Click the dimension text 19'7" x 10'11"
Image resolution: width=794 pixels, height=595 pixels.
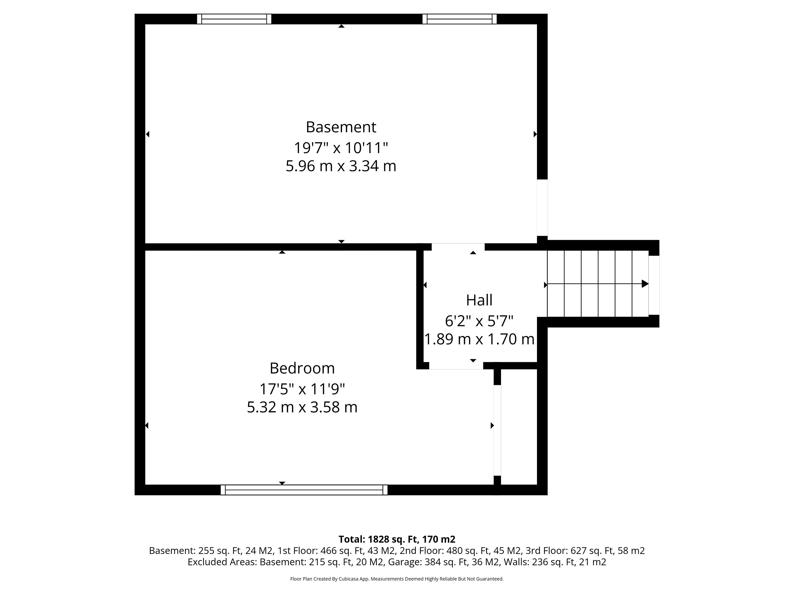pyautogui.click(x=341, y=147)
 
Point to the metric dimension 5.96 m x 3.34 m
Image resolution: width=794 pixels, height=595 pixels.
pyautogui.click(x=341, y=166)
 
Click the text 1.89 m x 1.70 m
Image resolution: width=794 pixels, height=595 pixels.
pyautogui.click(x=479, y=339)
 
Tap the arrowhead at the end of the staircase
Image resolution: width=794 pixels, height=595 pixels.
pyautogui.click(x=645, y=284)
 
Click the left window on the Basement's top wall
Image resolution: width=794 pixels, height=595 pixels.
pyautogui.click(x=234, y=19)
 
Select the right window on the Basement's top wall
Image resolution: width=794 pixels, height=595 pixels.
pyautogui.click(x=459, y=19)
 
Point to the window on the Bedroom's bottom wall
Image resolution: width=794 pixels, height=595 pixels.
pyautogui.click(x=304, y=490)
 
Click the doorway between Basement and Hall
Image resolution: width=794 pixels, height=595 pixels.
pyautogui.click(x=458, y=247)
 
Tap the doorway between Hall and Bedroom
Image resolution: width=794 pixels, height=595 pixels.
pyautogui.click(x=456, y=366)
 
